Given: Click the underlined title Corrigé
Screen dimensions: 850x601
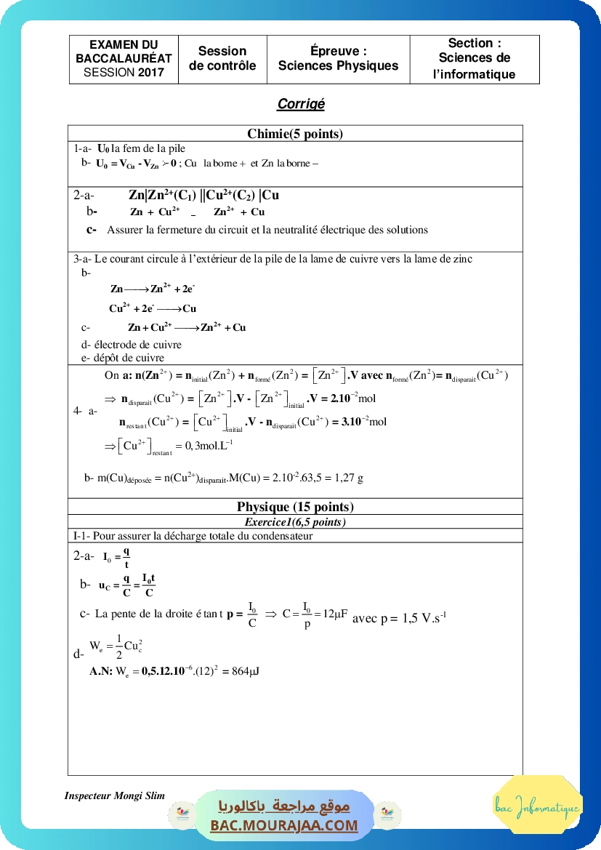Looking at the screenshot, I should tap(300, 104).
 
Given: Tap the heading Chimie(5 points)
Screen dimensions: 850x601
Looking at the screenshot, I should tap(295, 133).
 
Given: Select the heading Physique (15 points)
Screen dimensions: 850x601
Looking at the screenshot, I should tap(295, 507).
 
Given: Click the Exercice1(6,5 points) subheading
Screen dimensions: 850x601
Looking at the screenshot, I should tap(295, 522).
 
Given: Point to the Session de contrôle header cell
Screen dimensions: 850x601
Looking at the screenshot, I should tap(222, 58).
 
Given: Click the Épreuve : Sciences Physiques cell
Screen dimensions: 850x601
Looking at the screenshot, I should tap(338, 58).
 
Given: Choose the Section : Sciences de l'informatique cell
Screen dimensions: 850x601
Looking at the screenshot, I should tap(474, 58).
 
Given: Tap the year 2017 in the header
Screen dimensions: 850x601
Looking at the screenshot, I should tap(151, 72).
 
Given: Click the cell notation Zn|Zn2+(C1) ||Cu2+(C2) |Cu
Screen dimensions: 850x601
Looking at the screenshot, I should tap(203, 195).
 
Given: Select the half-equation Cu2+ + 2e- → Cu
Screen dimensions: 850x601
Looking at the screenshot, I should tap(153, 308).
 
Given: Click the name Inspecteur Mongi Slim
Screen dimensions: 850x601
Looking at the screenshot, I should tap(114, 795).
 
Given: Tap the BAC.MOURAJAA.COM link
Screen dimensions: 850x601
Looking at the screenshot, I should tap(283, 825).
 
